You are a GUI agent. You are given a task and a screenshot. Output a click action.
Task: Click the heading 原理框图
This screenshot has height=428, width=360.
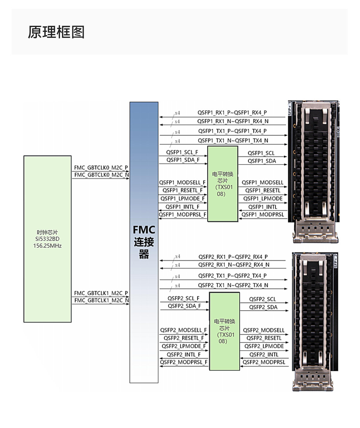pyautogui.click(x=56, y=32)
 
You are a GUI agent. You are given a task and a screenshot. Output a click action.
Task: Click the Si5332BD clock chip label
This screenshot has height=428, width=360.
pyautogui.click(x=47, y=239)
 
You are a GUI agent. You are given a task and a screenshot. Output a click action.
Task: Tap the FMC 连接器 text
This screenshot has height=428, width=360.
pyautogui.click(x=144, y=242)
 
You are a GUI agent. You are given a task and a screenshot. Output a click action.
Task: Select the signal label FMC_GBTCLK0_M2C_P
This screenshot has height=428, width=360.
pyautogui.click(x=101, y=168)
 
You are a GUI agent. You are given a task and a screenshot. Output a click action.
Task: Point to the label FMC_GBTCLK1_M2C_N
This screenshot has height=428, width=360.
pyautogui.click(x=102, y=300)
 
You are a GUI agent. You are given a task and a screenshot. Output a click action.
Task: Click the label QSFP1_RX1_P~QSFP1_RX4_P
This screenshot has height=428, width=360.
pyautogui.click(x=232, y=113)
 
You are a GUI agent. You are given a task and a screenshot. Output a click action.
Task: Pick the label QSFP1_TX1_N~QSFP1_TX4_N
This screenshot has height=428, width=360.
pyautogui.click(x=233, y=141)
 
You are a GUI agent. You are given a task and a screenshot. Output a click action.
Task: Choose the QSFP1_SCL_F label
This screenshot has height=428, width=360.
pyautogui.click(x=182, y=152)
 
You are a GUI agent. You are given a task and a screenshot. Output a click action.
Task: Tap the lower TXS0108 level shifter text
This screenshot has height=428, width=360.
pyautogui.click(x=224, y=331)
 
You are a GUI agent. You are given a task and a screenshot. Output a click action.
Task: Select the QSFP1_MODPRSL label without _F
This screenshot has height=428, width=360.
pyautogui.click(x=263, y=215)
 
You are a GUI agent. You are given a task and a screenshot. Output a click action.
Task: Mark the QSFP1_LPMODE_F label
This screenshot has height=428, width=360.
pyautogui.click(x=182, y=199)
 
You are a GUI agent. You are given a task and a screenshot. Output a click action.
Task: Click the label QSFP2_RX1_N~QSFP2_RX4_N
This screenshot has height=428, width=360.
pyautogui.click(x=234, y=265)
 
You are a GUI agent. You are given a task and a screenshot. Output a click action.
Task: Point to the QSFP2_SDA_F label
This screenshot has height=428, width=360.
pyautogui.click(x=184, y=306)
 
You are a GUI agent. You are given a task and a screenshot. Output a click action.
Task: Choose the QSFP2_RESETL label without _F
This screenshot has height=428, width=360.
pyautogui.click(x=264, y=338)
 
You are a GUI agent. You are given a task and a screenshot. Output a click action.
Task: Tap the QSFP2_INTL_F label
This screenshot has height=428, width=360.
pyautogui.click(x=184, y=355)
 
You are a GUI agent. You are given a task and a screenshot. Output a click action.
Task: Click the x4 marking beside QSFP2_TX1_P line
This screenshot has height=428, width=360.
pyautogui.click(x=177, y=277)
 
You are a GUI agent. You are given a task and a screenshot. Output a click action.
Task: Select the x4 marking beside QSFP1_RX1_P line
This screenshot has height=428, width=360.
pyautogui.click(x=177, y=113)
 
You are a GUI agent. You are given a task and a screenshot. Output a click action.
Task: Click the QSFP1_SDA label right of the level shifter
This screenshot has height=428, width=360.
pyautogui.click(x=262, y=161)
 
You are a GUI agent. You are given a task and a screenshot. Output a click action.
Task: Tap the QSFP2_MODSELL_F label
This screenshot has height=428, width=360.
pyautogui.click(x=183, y=330)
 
